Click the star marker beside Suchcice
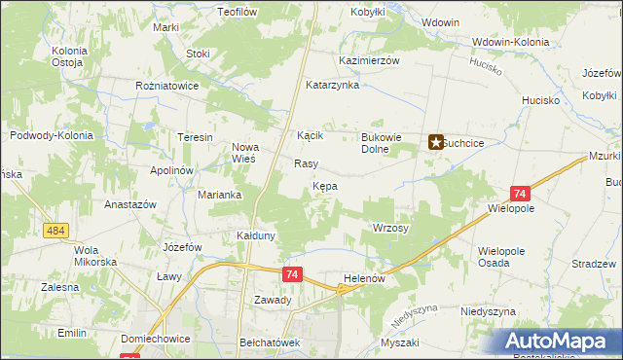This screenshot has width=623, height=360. tap(436, 142)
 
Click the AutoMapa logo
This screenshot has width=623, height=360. tap(560, 342)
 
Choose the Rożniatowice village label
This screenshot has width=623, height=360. tap(167, 86)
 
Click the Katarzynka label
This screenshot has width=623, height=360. tap(333, 85)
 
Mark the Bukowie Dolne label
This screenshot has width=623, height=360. tap(382, 143)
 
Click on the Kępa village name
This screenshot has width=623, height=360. tap(325, 185)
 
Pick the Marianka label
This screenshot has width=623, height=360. tap(220, 195)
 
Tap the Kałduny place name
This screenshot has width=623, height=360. tap(258, 235)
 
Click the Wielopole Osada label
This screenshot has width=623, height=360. tap(501, 257)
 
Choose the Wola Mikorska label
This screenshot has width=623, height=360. tap(95, 256)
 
